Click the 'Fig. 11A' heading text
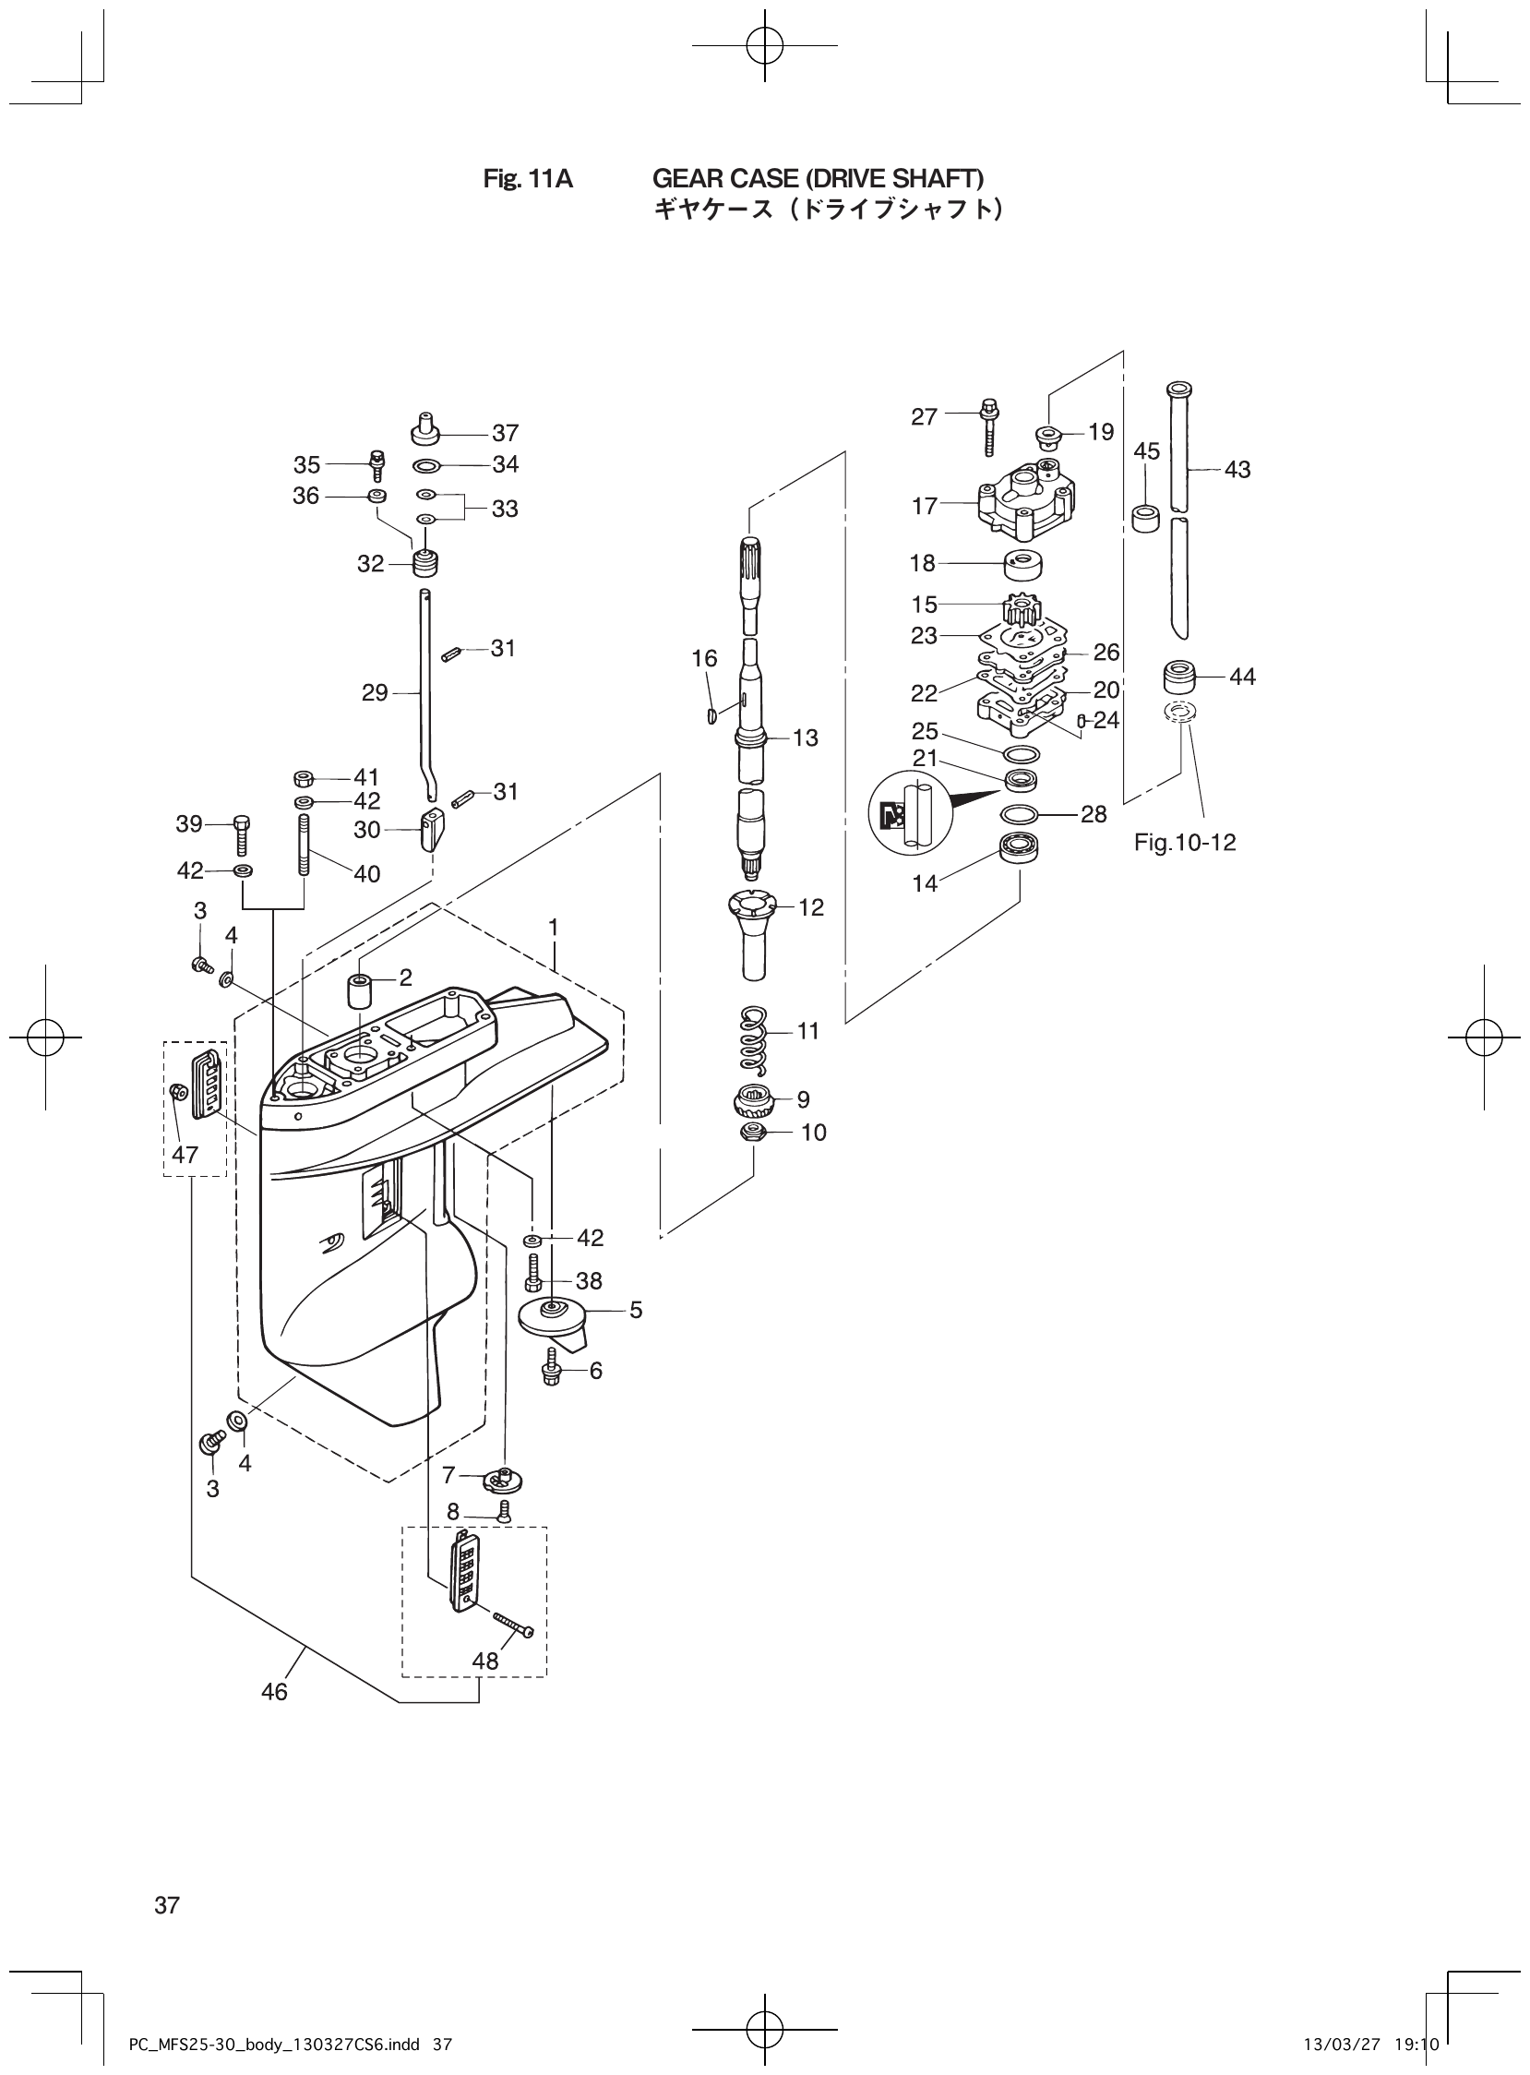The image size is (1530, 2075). (528, 179)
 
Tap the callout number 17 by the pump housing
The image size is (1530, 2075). (925, 506)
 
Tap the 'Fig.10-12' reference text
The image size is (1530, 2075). (1185, 843)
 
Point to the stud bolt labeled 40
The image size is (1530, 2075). (303, 844)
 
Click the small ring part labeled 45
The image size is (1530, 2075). (1146, 518)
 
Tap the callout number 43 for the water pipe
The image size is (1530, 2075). (1237, 470)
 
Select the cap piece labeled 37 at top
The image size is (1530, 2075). (425, 430)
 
